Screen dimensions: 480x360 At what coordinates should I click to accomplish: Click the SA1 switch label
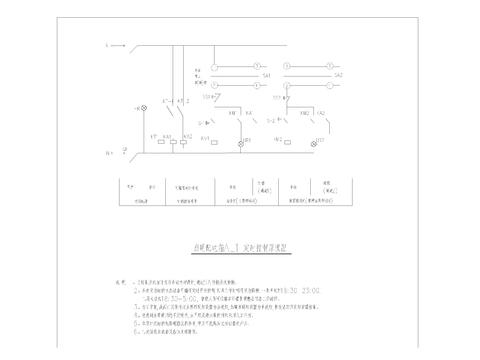coord(267,76)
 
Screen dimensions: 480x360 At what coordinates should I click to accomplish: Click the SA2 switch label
coord(338,76)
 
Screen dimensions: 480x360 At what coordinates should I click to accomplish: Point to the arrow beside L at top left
coord(117,45)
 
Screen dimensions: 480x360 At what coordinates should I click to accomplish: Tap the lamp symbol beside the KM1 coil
coord(241,144)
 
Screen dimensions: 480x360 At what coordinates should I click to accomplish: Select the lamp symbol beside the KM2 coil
coord(317,144)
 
